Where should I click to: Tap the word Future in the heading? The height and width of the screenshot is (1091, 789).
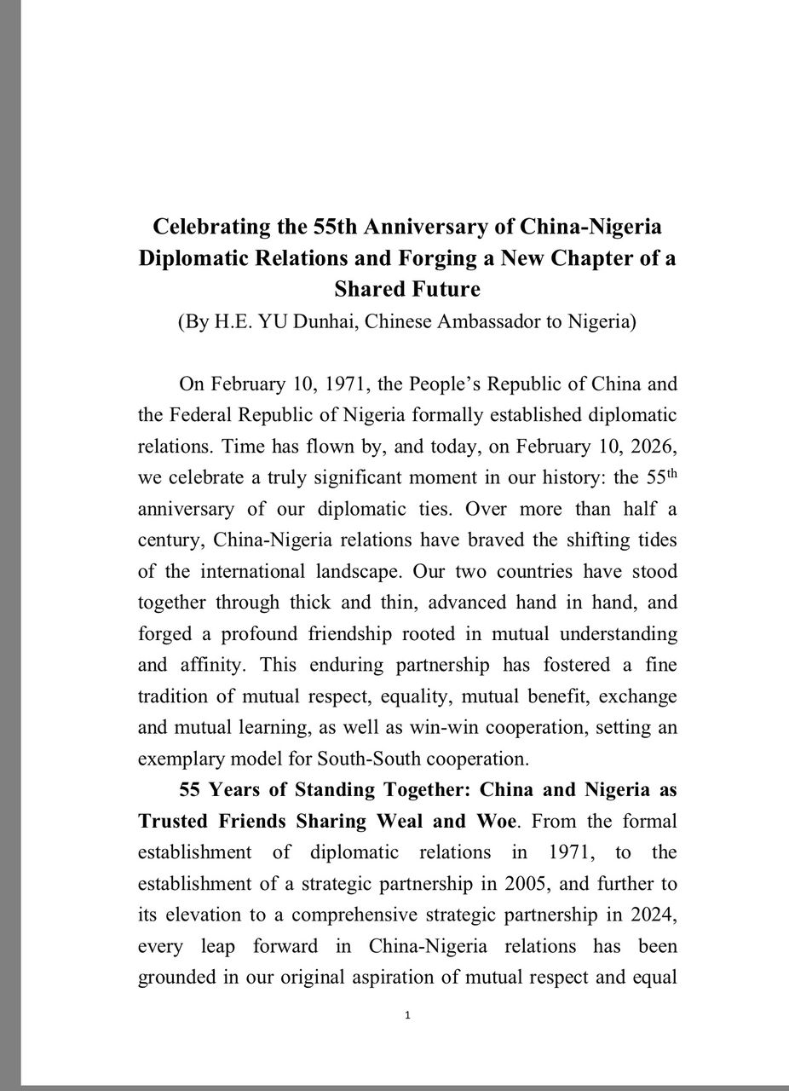tap(445, 289)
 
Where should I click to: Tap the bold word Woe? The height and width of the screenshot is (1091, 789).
tap(493, 821)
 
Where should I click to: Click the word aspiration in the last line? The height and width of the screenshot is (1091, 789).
tap(390, 976)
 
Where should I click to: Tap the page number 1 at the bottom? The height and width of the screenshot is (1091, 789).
tap(408, 1015)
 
